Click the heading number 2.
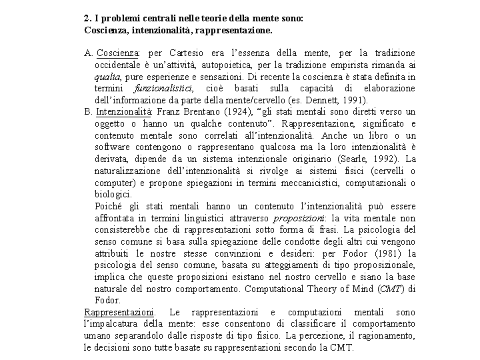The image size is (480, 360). pos(87,19)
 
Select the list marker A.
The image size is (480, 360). pos(88,53)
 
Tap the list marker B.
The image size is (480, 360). pos(88,111)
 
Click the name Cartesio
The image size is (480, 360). pos(188,53)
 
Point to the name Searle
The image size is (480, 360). pos(353,159)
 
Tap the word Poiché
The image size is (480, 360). pos(109,206)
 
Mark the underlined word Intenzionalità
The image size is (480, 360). pos(124,111)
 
